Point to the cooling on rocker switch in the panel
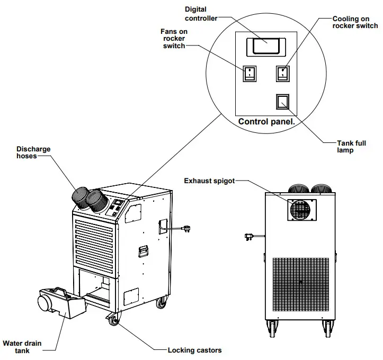pos(283,73)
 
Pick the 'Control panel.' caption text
pos(266,122)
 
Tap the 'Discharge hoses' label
pos(33,152)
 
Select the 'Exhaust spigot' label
pos(209,181)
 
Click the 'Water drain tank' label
pos(22,347)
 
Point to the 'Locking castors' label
pos(194,350)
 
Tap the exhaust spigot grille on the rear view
pos(301,209)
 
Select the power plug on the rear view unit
pos(248,236)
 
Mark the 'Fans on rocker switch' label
pos(174,39)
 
